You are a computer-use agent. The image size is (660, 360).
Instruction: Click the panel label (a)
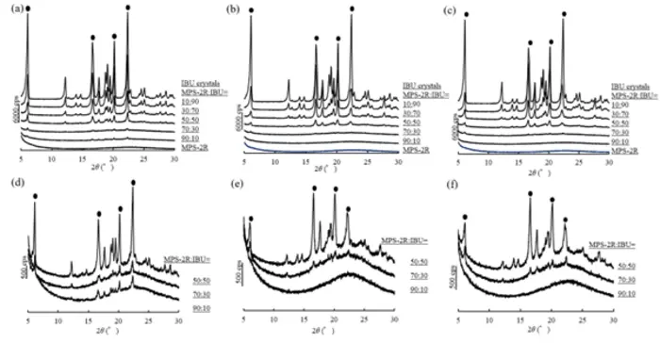pos(8,12)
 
